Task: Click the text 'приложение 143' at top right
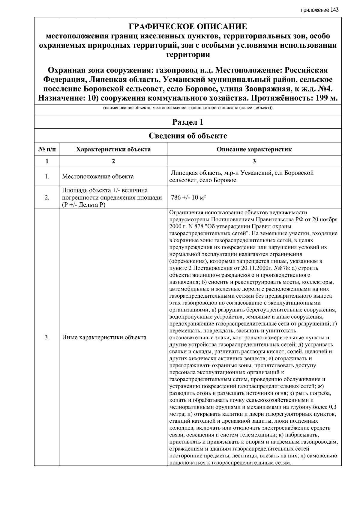pyautogui.click(x=319, y=10)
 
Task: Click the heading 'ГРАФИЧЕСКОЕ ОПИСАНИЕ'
pyautogui.click(x=188, y=27)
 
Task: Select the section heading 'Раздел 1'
pyautogui.click(x=188, y=122)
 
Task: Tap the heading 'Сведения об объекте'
pyautogui.click(x=188, y=136)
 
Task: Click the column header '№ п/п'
pyautogui.click(x=47, y=149)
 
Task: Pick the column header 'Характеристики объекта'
pyautogui.click(x=113, y=149)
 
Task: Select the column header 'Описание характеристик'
pyautogui.click(x=254, y=149)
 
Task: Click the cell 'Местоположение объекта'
pyautogui.click(x=98, y=176)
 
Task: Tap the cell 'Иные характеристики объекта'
pyautogui.click(x=104, y=337)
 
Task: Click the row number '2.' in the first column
pyautogui.click(x=47, y=197)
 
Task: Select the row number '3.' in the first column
pyautogui.click(x=47, y=337)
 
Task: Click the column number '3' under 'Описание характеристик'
pyautogui.click(x=254, y=161)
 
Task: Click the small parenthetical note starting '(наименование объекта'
pyautogui.click(x=188, y=108)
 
